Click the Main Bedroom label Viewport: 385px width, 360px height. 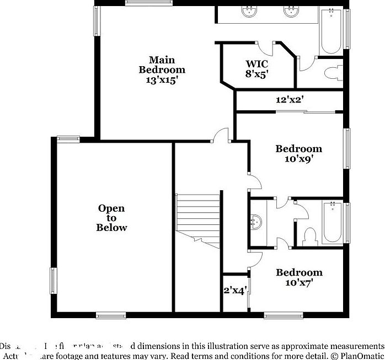tap(162, 65)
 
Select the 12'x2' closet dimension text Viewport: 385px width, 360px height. tap(290, 100)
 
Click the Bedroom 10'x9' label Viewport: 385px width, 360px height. tap(299, 153)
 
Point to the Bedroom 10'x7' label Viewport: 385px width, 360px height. tap(299, 277)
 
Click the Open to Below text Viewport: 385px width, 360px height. tap(111, 217)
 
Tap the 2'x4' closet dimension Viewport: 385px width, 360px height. tap(234, 290)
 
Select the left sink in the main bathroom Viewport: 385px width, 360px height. tap(250, 12)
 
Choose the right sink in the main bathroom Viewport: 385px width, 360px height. tap(291, 12)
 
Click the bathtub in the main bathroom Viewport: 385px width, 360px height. tap(331, 30)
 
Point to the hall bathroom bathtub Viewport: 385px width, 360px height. tap(333, 222)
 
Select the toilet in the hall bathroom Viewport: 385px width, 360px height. tap(309, 235)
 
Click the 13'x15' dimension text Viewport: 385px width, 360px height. tap(162, 79)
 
